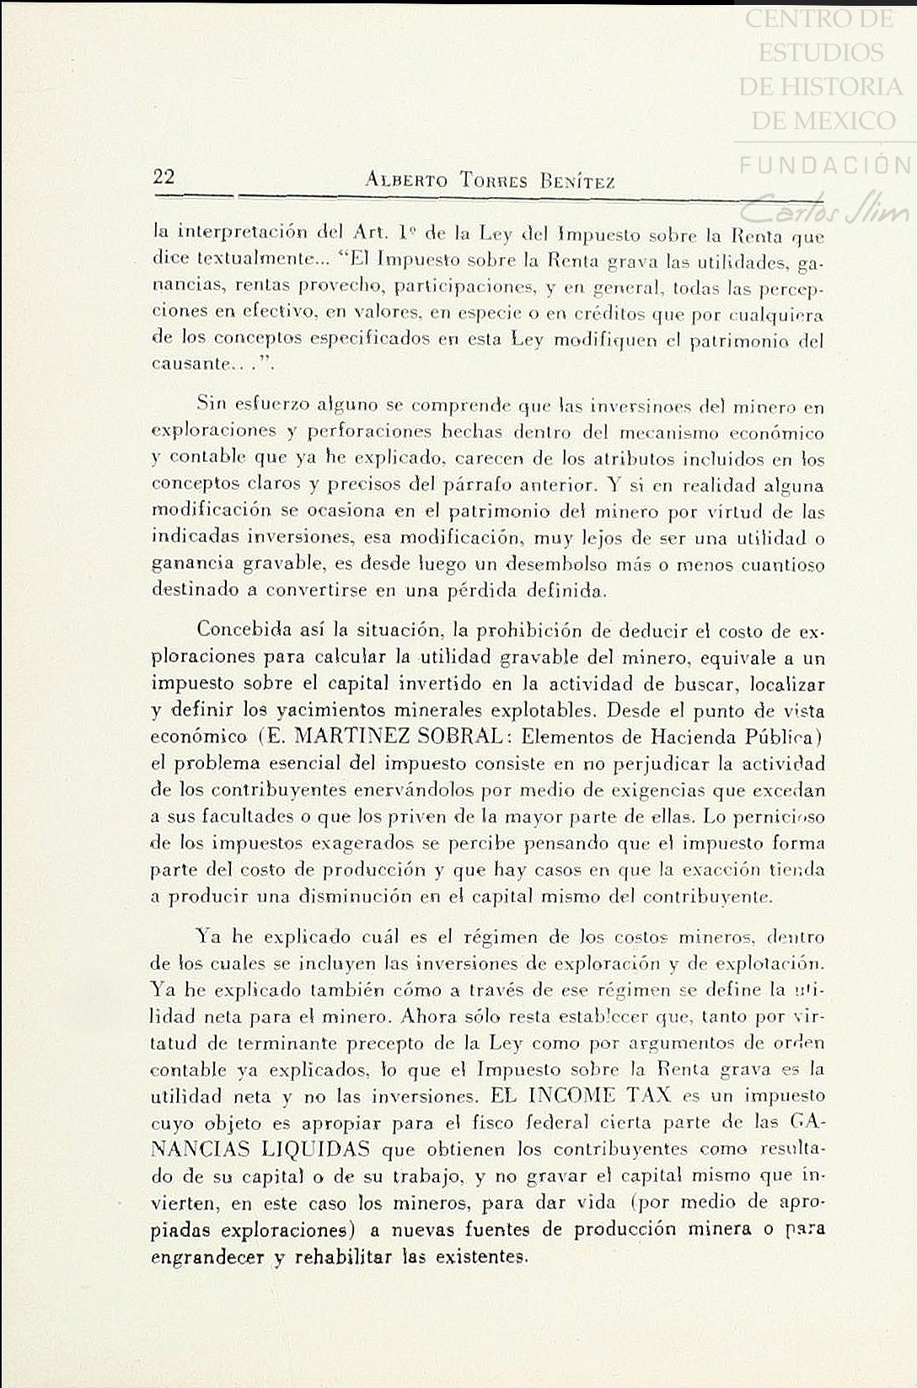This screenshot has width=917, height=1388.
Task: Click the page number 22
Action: click(164, 177)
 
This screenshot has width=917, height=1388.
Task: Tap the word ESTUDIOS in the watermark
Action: click(820, 53)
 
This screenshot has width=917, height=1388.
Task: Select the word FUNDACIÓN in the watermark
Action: click(825, 164)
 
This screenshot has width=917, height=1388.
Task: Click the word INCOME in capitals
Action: click(572, 1096)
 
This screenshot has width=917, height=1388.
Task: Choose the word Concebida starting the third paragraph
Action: click(244, 630)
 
